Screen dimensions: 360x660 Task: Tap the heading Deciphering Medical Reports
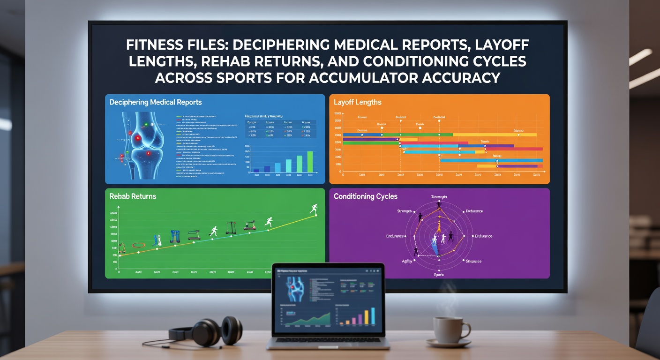click(156, 102)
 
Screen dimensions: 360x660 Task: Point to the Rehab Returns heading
click(133, 196)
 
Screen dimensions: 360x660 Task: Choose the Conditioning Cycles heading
click(365, 196)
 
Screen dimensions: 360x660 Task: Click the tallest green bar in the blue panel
click(310, 162)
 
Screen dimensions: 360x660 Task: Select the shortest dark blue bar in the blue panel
click(256, 171)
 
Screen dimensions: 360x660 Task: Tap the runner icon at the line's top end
click(314, 209)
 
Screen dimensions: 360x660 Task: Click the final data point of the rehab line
click(315, 215)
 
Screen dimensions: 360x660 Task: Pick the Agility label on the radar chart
click(407, 261)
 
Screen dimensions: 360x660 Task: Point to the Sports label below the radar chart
click(439, 275)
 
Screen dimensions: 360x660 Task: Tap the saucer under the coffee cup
click(448, 344)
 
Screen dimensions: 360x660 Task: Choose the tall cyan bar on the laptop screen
click(373, 316)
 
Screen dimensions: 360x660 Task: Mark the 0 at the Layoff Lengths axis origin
click(344, 174)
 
